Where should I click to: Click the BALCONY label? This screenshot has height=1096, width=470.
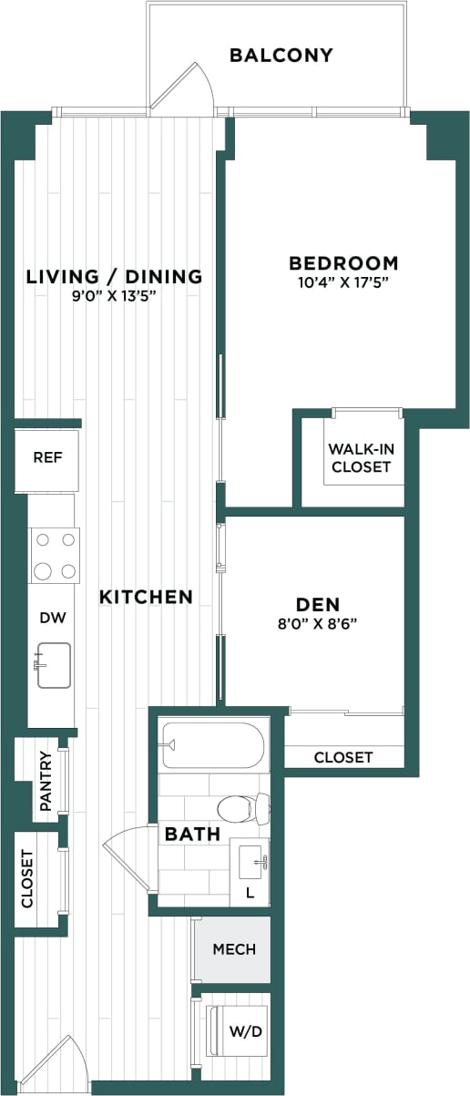click(281, 56)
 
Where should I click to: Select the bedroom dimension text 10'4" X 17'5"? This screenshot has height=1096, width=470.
click(343, 282)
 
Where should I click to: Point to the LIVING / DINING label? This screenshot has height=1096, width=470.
click(114, 276)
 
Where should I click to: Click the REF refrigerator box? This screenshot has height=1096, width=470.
click(47, 457)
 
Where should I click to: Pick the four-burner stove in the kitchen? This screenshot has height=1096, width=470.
click(54, 556)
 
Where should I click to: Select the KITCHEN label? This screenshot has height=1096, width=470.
click(146, 598)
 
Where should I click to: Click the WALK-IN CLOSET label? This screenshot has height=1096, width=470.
click(360, 458)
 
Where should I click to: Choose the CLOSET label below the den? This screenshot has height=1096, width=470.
click(343, 757)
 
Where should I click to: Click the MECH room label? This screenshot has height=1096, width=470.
click(234, 949)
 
